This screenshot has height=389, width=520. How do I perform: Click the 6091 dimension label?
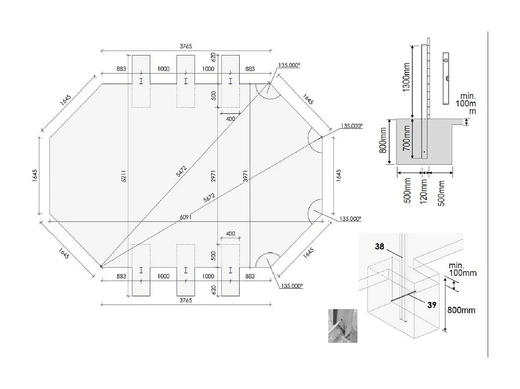tap(185, 217)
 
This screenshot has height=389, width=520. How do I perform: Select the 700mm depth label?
tap(407, 138)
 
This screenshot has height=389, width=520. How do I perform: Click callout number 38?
tap(380, 246)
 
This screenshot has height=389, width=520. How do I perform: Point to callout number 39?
tap(432, 304)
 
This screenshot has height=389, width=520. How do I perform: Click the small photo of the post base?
tap(343, 326)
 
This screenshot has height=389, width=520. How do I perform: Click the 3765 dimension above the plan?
tap(186, 46)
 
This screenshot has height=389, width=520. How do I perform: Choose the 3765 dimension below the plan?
tap(186, 300)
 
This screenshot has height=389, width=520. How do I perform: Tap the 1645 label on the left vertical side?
tap(35, 176)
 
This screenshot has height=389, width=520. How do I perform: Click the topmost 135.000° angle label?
tap(290, 65)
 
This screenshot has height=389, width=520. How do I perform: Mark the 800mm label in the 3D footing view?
tap(462, 310)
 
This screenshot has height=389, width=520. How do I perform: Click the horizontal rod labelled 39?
tap(403, 296)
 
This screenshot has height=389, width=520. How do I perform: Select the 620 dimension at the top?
tap(213, 57)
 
